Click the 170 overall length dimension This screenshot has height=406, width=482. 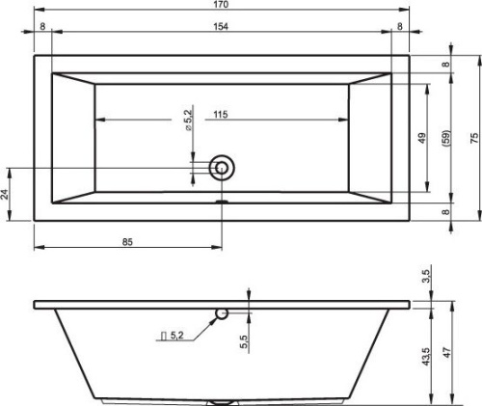(221, 5)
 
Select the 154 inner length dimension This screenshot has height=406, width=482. (221, 26)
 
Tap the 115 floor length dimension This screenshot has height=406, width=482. (221, 114)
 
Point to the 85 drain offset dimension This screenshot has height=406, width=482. (127, 242)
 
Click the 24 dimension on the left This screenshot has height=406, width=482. (5, 194)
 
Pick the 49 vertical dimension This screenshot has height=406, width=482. (422, 138)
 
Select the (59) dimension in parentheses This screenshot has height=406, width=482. (446, 138)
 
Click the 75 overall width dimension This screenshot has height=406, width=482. (474, 138)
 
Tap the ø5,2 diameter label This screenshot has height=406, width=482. (188, 120)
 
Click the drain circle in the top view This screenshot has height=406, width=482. (222, 168)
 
